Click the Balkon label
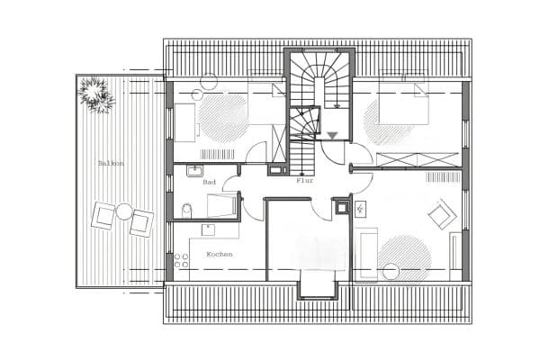pyautogui.click(x=111, y=163)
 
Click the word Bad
pyautogui.click(x=210, y=182)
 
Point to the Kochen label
pyautogui.click(x=219, y=254)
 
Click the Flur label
pyautogui.click(x=304, y=180)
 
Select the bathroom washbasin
pyautogui.click(x=194, y=168)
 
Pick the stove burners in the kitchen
pyautogui.click(x=181, y=262)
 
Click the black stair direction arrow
pyautogui.click(x=333, y=136)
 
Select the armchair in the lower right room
pyautogui.click(x=440, y=215)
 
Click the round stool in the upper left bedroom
pyautogui.click(x=209, y=80)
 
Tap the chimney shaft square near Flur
pyautogui.click(x=342, y=208)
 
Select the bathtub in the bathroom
pyautogui.click(x=221, y=206)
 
